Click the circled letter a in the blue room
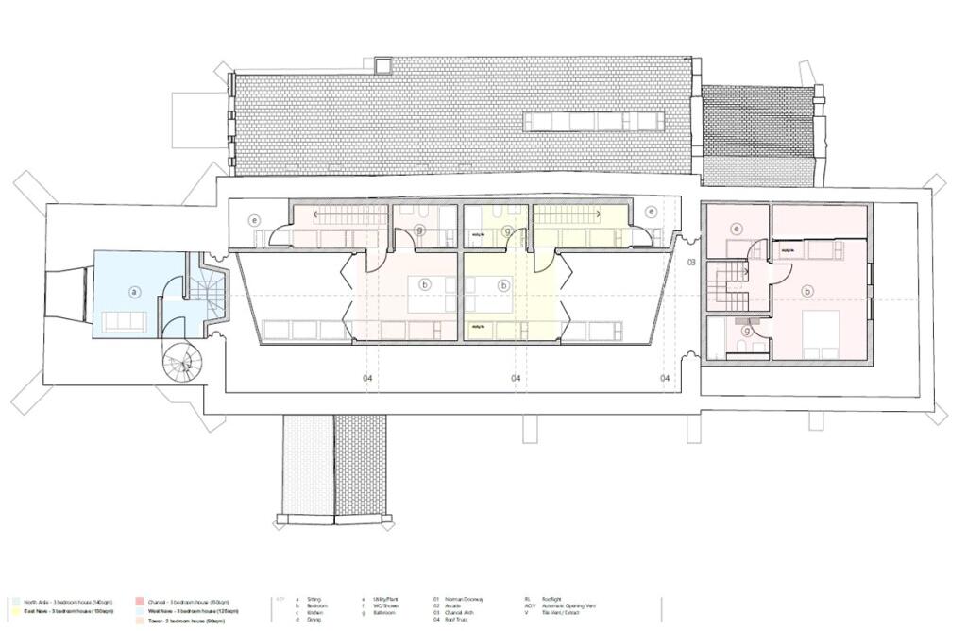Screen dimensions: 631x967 pyautogui.click(x=134, y=292)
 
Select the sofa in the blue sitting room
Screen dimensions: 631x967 pyautogui.click(x=124, y=321)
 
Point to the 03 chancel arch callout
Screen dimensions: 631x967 pyautogui.click(x=690, y=262)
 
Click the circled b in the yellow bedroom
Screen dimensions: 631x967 pyautogui.click(x=505, y=284)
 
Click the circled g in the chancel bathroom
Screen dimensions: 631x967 pyautogui.click(x=747, y=331)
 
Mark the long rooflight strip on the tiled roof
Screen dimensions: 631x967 pyautogui.click(x=594, y=121)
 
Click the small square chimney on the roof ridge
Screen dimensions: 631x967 pyautogui.click(x=382, y=65)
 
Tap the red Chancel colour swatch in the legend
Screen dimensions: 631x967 pyautogui.click(x=138, y=600)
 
